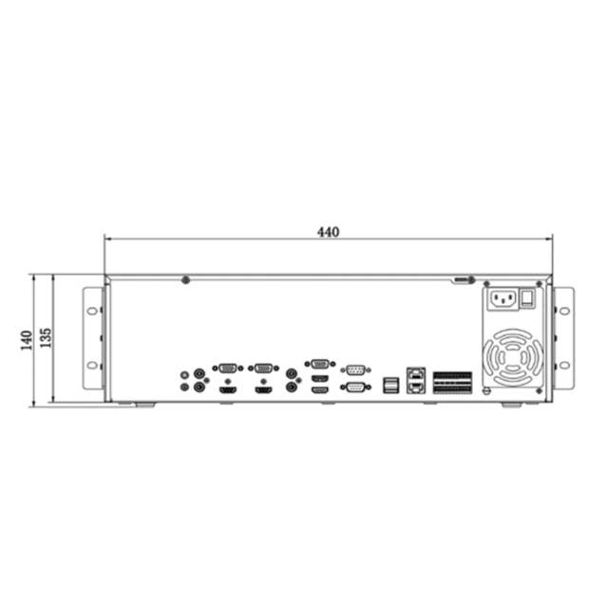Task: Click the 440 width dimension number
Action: click(x=328, y=232)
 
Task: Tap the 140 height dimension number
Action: click(x=27, y=340)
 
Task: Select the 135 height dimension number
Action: click(x=46, y=338)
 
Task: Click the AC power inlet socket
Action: click(x=503, y=299)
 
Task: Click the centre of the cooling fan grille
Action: click(x=512, y=357)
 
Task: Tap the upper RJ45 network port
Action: click(x=416, y=374)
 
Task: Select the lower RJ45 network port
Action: click(x=416, y=387)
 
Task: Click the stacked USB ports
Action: click(x=390, y=385)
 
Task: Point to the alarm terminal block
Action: click(x=452, y=383)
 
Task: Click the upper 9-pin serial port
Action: click(x=355, y=370)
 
